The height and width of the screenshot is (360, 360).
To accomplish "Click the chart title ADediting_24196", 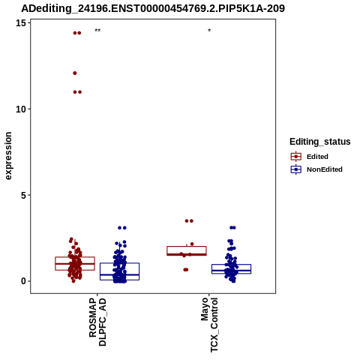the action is click(153, 9).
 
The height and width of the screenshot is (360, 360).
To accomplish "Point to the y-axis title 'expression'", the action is click(8, 156).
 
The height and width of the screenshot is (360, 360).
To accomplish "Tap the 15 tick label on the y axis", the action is click(21, 23).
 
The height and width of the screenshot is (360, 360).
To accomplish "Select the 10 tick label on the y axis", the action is click(21, 109).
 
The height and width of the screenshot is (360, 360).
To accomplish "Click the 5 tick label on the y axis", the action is click(23, 195).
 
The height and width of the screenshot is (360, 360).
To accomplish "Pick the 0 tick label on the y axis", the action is click(23, 281).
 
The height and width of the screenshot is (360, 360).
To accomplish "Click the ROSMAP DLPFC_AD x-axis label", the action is click(97, 322).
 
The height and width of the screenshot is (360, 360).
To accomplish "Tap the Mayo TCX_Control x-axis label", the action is click(209, 325).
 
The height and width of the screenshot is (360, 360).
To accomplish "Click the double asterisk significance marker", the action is click(97, 31).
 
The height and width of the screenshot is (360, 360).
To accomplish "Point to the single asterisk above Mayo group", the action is click(209, 30).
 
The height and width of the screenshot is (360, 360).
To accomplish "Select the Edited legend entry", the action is click(317, 157).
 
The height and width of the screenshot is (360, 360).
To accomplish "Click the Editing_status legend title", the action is click(320, 142).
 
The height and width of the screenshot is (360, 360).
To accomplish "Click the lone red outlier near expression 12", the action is click(75, 73).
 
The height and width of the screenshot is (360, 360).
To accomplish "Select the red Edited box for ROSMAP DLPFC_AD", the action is click(75, 263).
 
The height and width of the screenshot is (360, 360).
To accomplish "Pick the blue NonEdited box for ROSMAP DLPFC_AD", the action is click(119, 271).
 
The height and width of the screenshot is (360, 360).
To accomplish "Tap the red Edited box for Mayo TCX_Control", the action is click(187, 250).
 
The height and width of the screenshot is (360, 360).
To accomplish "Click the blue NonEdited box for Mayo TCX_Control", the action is click(231, 269).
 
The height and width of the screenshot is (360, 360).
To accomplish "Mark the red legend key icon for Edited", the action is click(296, 157).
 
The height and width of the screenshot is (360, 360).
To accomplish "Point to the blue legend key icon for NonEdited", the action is click(296, 169).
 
